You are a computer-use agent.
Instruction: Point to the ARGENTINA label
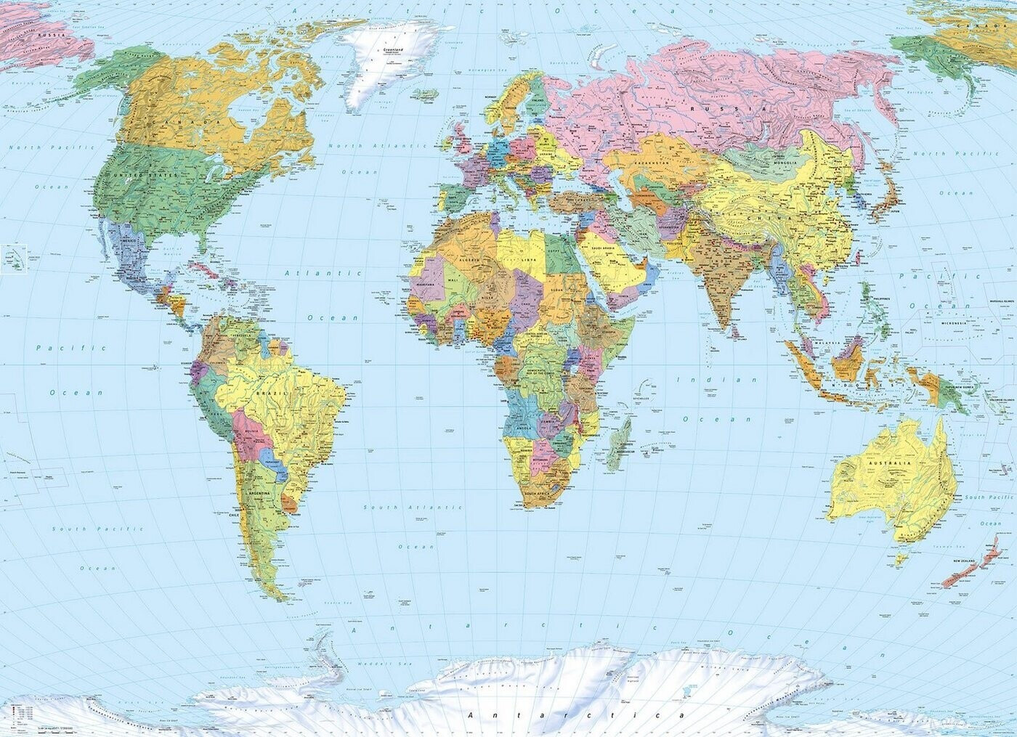pos(259,493)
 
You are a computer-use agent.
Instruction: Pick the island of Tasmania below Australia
pos(903,558)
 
